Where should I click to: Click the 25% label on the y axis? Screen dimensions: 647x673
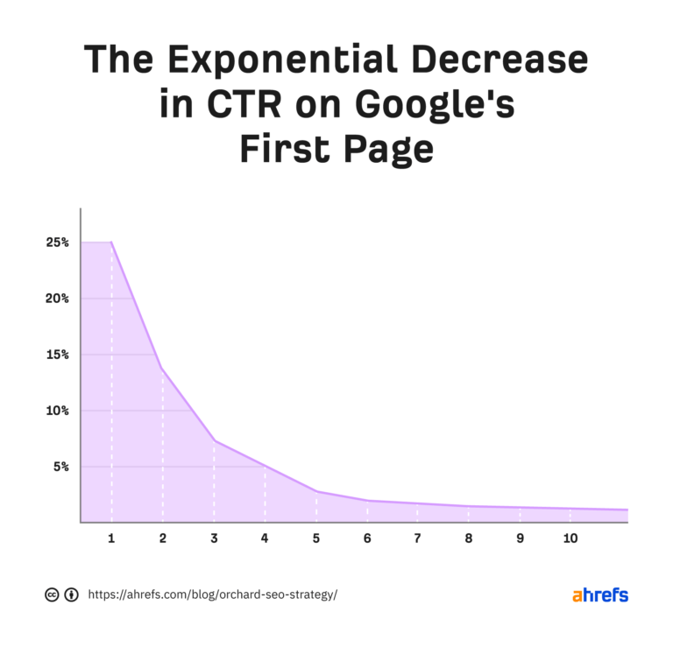(59, 243)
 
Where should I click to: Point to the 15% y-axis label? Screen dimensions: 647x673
(59, 355)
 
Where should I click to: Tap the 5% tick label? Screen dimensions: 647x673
(61, 467)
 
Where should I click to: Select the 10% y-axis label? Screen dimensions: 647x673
(59, 411)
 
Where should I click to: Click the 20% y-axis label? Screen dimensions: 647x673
(59, 299)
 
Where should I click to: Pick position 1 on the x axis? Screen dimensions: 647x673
(111, 538)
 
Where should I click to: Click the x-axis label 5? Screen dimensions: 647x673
(315, 538)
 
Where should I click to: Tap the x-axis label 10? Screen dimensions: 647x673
(570, 538)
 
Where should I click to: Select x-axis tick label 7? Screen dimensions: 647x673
(417, 538)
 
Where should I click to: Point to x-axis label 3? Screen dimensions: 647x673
(214, 538)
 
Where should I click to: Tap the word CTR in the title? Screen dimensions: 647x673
(237, 105)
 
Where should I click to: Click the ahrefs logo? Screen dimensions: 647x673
(600, 595)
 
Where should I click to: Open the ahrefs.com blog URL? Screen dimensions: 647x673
(212, 595)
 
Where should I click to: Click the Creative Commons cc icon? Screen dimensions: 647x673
(52, 595)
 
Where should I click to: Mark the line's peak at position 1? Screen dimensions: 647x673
(111, 243)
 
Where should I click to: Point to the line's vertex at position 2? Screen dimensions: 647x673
(162, 369)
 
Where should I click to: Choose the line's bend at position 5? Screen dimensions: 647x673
(315, 491)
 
